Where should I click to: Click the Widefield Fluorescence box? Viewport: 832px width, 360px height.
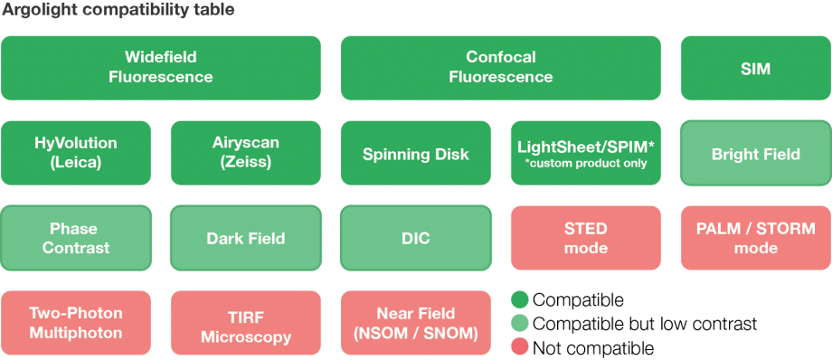pos(161,68)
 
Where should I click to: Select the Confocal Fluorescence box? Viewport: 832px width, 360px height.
pos(501,68)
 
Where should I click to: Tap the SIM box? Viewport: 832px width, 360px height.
pos(755,68)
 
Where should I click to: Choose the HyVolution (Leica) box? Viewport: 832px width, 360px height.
pos(76,153)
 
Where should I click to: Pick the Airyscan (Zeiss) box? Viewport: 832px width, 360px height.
pos(246,153)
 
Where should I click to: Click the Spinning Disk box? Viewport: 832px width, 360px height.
pos(416,154)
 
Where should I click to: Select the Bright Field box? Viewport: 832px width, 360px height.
pos(755,154)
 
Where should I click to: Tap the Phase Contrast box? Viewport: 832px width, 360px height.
pos(76,238)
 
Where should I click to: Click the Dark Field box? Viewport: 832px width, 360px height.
pos(246,239)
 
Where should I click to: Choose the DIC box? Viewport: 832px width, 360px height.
pos(416,239)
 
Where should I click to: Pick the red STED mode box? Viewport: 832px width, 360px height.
pos(586,238)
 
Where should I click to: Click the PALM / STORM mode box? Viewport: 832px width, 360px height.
pos(755,238)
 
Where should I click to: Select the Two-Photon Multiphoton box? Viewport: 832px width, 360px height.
pos(76,323)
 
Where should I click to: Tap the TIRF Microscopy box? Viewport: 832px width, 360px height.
pos(246,323)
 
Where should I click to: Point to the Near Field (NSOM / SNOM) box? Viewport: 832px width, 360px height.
pos(416,323)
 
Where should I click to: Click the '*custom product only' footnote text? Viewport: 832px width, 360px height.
pos(585,164)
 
